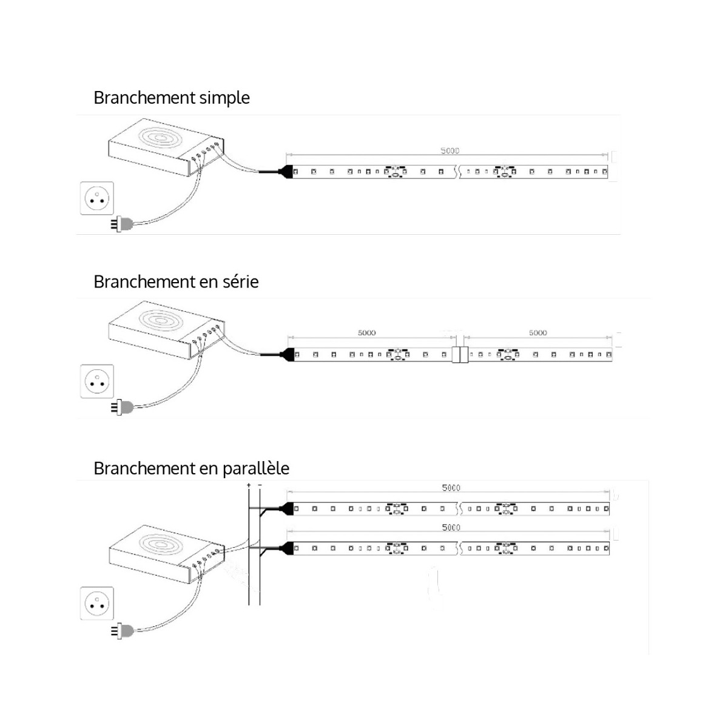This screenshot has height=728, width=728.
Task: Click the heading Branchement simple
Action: point(171,98)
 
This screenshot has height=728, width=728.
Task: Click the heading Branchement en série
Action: point(176,281)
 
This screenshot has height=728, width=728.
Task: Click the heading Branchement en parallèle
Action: point(191,468)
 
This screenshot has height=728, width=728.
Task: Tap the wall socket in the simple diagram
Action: point(97,198)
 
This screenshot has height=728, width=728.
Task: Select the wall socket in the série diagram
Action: point(97,381)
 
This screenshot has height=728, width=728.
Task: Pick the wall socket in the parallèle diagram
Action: point(97,603)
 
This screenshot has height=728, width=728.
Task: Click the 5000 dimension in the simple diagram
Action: point(450,150)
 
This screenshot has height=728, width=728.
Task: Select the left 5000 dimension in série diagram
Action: point(366,332)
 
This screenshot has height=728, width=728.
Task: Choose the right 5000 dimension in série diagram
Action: point(538,332)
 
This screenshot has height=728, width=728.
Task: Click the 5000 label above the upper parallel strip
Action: point(451,488)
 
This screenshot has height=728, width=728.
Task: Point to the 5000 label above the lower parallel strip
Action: point(451,527)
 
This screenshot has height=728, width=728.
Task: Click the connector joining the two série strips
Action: point(460,354)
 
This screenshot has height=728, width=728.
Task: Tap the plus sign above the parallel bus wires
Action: point(249,485)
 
